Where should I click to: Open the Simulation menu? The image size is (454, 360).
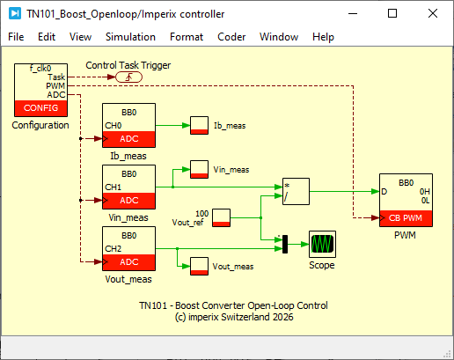click(x=130, y=37)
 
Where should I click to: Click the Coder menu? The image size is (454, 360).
click(x=231, y=37)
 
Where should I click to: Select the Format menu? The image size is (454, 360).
click(x=187, y=37)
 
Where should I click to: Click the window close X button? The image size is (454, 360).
click(x=433, y=13)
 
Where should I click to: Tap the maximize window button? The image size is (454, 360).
click(x=392, y=13)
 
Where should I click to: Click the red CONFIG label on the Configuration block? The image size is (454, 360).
click(x=40, y=108)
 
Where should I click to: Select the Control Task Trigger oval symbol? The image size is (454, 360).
click(x=128, y=77)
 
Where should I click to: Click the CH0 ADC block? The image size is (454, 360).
click(x=128, y=125)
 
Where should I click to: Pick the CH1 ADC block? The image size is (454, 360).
click(x=128, y=187)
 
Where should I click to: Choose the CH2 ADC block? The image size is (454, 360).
click(x=128, y=248)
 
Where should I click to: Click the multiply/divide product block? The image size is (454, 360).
click(x=296, y=191)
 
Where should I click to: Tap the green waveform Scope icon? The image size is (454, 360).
click(x=322, y=244)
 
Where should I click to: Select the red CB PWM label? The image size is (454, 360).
click(x=406, y=218)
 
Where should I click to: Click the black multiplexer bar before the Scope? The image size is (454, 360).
click(x=285, y=244)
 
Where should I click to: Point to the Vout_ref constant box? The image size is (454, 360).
click(x=221, y=217)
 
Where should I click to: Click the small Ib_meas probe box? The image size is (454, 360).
click(x=199, y=125)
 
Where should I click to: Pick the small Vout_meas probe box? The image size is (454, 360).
click(x=199, y=266)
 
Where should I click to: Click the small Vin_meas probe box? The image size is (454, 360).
click(x=199, y=169)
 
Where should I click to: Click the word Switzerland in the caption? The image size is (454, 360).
click(x=245, y=317)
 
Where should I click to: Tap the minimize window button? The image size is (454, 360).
click(x=353, y=13)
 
